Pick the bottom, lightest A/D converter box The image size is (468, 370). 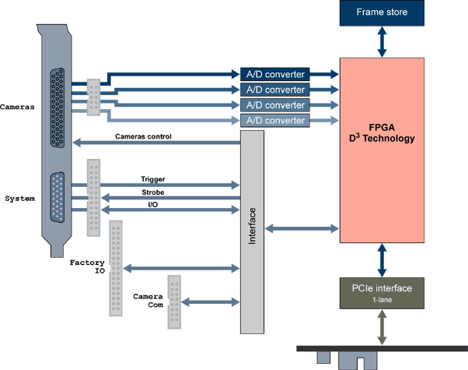pyautogui.click(x=275, y=120)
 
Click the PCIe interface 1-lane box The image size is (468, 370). pyautogui.click(x=381, y=292)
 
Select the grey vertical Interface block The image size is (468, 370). pyautogui.click(x=252, y=231)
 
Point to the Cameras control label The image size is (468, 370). pyautogui.click(x=143, y=137)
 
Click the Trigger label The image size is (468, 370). pyautogui.click(x=152, y=179)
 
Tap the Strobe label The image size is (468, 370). pyautogui.click(x=152, y=192)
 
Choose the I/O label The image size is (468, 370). pyautogui.click(x=153, y=205)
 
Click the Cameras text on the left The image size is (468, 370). pyautogui.click(x=17, y=106)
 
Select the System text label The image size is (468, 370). pyautogui.click(x=19, y=199)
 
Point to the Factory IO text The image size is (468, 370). pyautogui.click(x=86, y=268)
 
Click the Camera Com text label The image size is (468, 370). pyautogui.click(x=147, y=301)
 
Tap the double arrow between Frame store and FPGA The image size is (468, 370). pyautogui.click(x=381, y=41)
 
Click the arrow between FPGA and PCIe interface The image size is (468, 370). pyautogui.click(x=381, y=258)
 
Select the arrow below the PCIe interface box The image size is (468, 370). pyautogui.click(x=381, y=324)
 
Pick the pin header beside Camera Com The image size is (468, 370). pyautogui.click(x=174, y=302)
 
